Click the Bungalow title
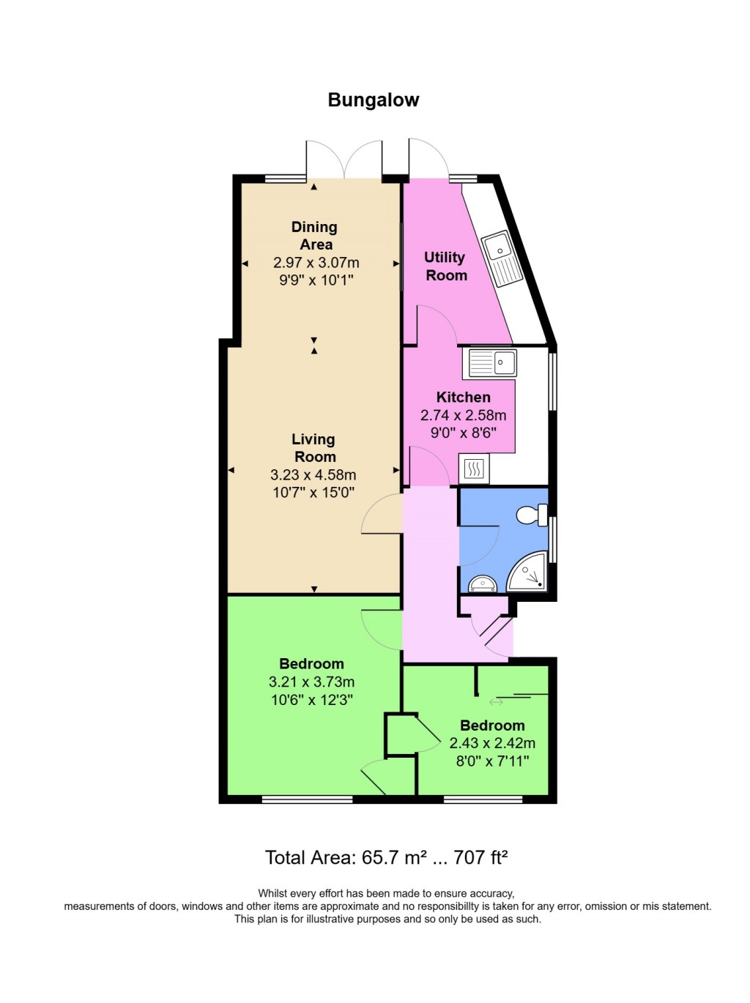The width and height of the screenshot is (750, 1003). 373,100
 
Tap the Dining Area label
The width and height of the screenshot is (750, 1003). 315,236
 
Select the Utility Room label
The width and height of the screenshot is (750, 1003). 445,266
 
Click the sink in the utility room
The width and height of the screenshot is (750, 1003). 502,258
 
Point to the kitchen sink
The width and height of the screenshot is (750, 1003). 493,362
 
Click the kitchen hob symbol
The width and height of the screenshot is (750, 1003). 474,469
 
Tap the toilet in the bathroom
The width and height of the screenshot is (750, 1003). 532,515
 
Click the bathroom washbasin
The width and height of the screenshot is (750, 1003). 483,584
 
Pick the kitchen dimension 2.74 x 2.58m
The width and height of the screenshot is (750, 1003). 463,415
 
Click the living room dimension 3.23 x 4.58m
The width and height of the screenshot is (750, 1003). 313,474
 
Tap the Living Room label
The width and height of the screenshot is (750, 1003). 313,448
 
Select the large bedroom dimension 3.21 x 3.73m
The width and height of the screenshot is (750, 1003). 311,682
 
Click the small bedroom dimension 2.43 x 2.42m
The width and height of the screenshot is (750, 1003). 492,743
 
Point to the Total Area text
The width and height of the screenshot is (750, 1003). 386,857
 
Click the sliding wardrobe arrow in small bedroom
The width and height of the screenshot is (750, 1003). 496,703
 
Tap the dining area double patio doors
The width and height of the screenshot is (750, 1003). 344,159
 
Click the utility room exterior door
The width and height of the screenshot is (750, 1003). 428,159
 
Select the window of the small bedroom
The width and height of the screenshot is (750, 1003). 483,799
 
